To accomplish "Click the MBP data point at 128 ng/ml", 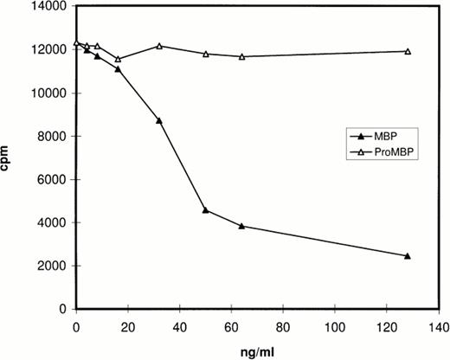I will (x=408, y=256).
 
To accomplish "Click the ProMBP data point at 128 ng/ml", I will (x=408, y=51).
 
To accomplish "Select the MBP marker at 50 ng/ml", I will (x=205, y=210).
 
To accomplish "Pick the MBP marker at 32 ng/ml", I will (x=159, y=120).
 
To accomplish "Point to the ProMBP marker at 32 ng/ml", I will (x=159, y=46).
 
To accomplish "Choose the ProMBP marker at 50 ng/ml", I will (x=205, y=54).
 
